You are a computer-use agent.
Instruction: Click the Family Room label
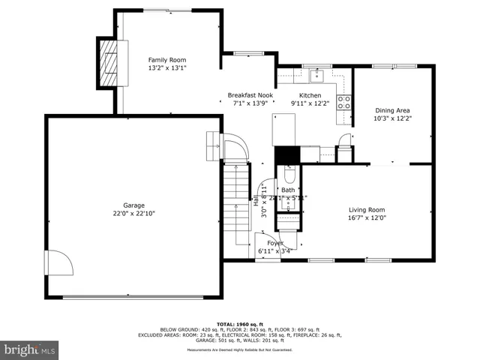pyautogui.click(x=166, y=60)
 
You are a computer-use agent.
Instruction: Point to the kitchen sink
pyautogui.click(x=316, y=74)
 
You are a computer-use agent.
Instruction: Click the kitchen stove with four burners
pyautogui.click(x=345, y=103)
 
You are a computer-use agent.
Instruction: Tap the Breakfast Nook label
pyautogui.click(x=250, y=95)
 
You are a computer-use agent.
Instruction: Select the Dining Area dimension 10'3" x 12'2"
pyautogui.click(x=393, y=118)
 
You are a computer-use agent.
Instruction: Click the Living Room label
pyautogui.click(x=367, y=210)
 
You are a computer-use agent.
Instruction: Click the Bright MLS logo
pyautogui.click(x=29, y=349)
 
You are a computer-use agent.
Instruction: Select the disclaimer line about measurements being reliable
pyautogui.click(x=239, y=350)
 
